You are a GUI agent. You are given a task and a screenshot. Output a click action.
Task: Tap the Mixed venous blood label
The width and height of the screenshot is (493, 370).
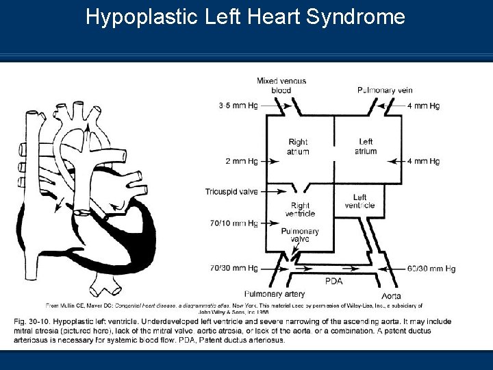click(x=281, y=85)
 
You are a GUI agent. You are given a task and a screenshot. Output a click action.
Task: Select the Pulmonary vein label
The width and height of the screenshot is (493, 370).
click(x=385, y=90)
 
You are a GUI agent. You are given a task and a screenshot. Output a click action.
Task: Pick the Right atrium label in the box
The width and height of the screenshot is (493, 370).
click(x=299, y=147)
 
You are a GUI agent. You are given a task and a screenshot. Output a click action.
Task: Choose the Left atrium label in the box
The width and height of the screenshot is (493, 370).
click(x=366, y=146)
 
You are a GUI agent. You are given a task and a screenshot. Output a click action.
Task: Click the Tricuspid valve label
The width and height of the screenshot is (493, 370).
click(x=231, y=191)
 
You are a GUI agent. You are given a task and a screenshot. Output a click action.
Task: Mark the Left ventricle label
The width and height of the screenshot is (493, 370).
click(x=359, y=201)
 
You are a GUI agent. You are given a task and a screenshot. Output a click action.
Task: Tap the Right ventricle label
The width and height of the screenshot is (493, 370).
click(x=300, y=209)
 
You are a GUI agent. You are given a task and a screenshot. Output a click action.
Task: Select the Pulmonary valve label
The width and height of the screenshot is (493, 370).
click(x=300, y=236)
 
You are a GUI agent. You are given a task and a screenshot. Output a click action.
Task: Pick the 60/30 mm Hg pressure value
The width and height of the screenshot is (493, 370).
click(x=430, y=269)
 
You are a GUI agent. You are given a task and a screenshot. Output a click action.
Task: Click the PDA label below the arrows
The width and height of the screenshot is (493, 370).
click(x=334, y=280)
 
